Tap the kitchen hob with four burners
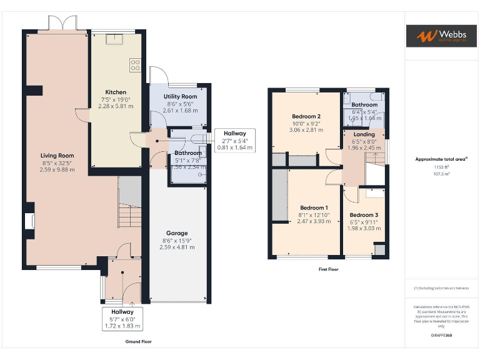click(x=134, y=64)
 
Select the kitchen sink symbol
click(x=114, y=39)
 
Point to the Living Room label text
click(x=57, y=156)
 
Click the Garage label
click(x=176, y=233)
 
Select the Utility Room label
click(x=180, y=96)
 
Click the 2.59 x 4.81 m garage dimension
click(x=176, y=247)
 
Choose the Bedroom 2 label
click(x=306, y=116)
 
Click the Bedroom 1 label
click(x=313, y=207)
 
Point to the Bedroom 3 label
click(x=363, y=214)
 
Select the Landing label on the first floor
click(x=364, y=134)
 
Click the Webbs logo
click(x=441, y=36)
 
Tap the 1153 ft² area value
click(x=441, y=167)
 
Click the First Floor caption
click(x=328, y=269)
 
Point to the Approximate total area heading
click(x=441, y=159)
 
